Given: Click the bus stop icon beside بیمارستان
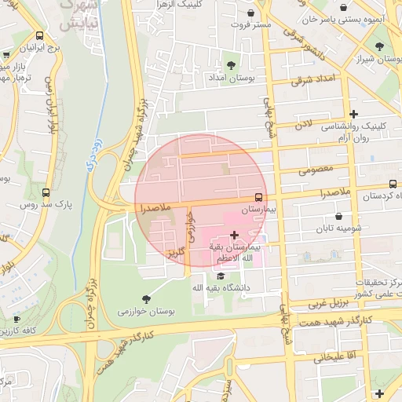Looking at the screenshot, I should [258, 198].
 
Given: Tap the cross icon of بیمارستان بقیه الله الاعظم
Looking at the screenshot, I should [234, 235].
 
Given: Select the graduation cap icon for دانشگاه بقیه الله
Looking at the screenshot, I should [221, 276].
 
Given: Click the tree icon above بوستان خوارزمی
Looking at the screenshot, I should [145, 299].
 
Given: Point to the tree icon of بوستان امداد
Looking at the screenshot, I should [230, 65].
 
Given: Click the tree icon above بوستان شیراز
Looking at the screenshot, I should [379, 46].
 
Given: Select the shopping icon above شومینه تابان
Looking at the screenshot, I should [338, 216].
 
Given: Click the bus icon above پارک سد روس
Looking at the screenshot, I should [45, 192].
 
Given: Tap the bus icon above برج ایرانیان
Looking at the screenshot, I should [40, 35].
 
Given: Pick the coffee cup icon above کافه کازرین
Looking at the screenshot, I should [16, 319].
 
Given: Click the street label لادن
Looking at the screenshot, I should [303, 124].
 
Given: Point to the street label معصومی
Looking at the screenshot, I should [316, 170].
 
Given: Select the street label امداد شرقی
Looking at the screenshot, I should [312, 79].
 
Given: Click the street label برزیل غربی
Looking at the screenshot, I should [326, 301].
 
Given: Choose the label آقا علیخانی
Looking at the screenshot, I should [330, 357].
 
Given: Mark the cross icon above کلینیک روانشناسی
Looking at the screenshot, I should [353, 114].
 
